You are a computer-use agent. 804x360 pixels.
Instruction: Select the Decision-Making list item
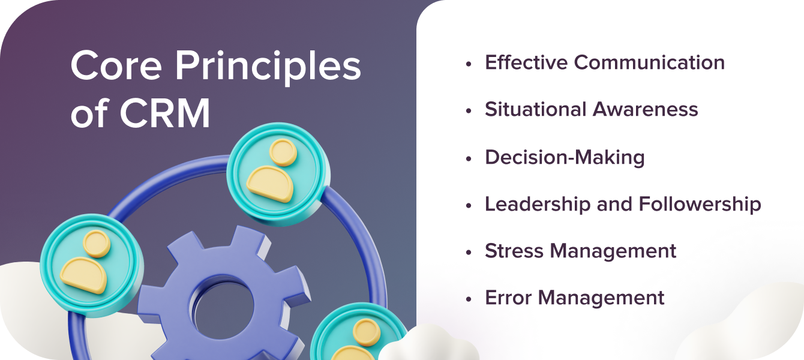click(x=565, y=157)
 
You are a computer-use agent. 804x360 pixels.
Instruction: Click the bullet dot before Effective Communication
click(x=469, y=63)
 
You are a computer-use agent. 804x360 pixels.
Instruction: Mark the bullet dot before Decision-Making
click(x=469, y=158)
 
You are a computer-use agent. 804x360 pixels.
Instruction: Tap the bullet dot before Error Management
click(x=469, y=298)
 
